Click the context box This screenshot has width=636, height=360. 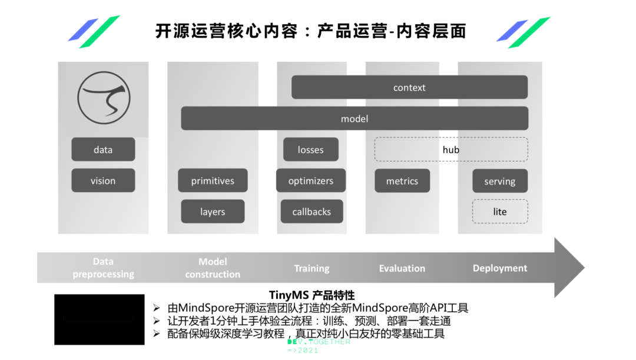(x=409, y=88)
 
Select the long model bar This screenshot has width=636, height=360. (x=355, y=118)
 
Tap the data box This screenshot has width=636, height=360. (x=103, y=150)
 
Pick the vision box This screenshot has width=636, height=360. (x=103, y=181)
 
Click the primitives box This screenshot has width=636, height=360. (x=213, y=181)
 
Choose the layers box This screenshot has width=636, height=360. (x=213, y=212)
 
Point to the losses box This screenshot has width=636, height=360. (x=311, y=150)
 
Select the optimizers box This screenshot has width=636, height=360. (x=311, y=181)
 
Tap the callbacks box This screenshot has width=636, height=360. (x=312, y=212)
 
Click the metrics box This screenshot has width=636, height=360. (x=402, y=181)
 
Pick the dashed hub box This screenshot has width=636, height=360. (x=451, y=150)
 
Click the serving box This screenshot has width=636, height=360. (x=500, y=181)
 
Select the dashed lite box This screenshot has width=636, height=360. (x=500, y=212)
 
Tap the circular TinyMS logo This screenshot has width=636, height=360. (x=104, y=97)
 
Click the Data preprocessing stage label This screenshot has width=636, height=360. (x=103, y=268)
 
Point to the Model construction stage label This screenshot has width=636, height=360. (x=213, y=268)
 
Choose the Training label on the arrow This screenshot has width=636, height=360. (x=312, y=269)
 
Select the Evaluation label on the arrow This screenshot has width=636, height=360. (x=402, y=269)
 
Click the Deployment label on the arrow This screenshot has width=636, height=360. (x=500, y=269)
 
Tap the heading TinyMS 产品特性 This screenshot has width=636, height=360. (x=312, y=295)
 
